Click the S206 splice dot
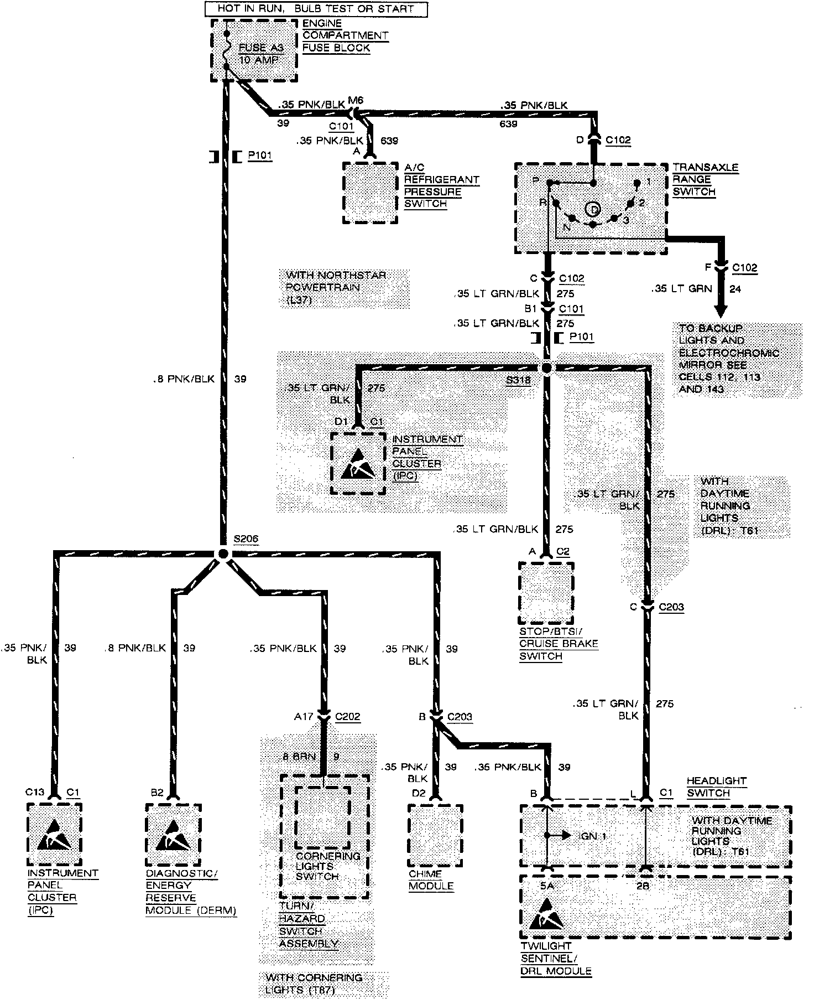coord(222,553)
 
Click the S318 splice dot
coord(547,368)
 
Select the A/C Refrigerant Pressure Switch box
coord(370,193)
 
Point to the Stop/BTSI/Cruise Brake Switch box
coord(546,593)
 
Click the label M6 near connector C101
coord(355,100)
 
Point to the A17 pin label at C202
coord(304,717)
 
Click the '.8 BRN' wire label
coord(299,757)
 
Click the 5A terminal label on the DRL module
coord(546,885)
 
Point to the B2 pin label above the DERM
coord(157,793)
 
